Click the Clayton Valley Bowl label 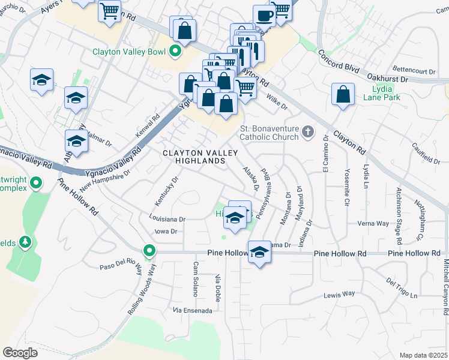tap(128, 52)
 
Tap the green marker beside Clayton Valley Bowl tap(175, 52)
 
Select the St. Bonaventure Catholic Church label tap(269, 133)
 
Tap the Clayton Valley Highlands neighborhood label tap(193, 157)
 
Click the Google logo tap(20, 352)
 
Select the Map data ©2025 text tap(424, 355)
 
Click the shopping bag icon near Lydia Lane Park tap(342, 94)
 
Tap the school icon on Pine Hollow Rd tap(259, 251)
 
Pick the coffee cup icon tap(264, 14)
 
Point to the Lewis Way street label tap(339, 294)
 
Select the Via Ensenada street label tap(192, 310)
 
